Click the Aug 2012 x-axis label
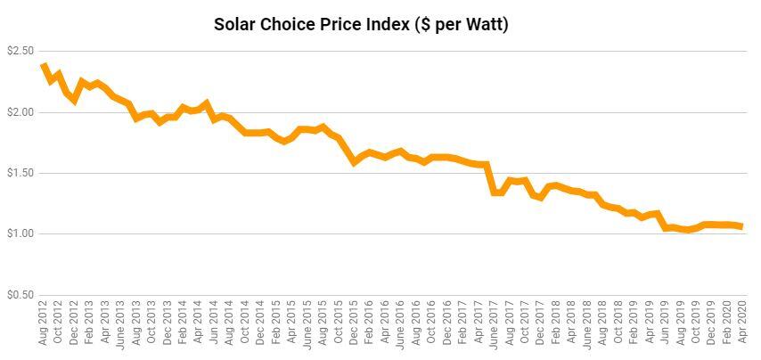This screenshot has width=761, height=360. [43, 323]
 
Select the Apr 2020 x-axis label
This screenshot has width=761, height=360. [742, 323]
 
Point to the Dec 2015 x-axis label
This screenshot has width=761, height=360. [354, 323]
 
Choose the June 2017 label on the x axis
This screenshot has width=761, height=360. [494, 323]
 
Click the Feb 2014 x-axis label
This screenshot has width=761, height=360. [183, 323]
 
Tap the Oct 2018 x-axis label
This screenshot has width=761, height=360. [618, 323]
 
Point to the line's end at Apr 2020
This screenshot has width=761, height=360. [741, 226]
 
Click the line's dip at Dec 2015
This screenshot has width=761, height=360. [354, 162]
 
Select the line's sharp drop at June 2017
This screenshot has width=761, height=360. [490, 178]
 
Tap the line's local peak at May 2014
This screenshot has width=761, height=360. [206, 102]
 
